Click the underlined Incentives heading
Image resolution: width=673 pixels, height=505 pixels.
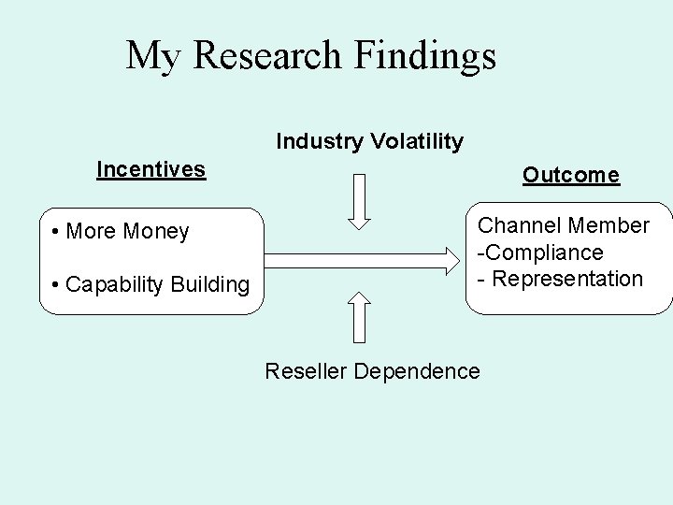(150, 169)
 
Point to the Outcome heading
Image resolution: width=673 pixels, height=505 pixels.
(570, 175)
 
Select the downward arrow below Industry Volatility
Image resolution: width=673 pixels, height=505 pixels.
(360, 200)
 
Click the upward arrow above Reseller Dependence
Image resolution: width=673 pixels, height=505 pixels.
(360, 318)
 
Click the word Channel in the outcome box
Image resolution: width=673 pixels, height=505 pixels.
(517, 225)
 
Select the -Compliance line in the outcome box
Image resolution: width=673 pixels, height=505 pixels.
(541, 252)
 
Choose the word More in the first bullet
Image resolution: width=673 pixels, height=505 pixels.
(90, 231)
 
